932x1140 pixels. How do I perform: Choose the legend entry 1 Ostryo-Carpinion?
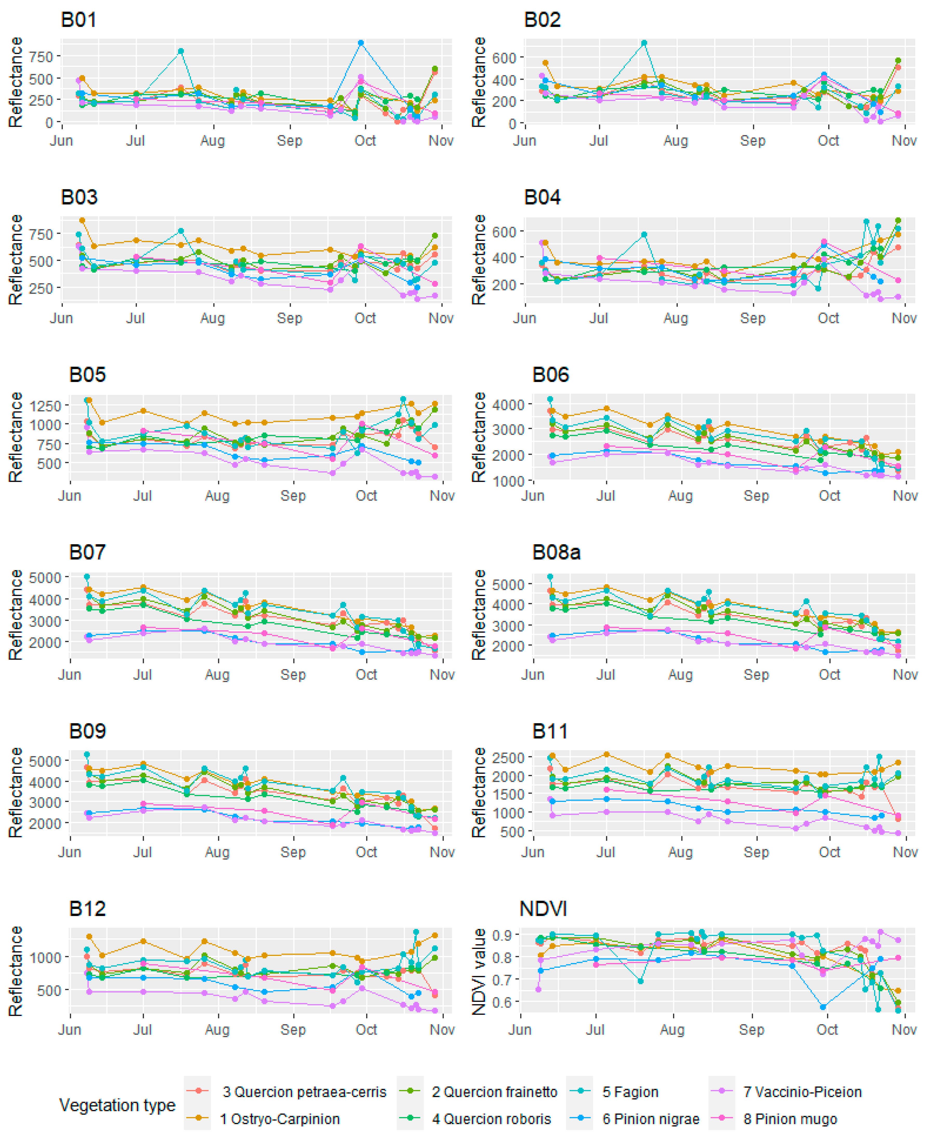279,1119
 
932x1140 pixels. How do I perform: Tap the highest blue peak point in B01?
361,43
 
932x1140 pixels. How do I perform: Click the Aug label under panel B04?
676,319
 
